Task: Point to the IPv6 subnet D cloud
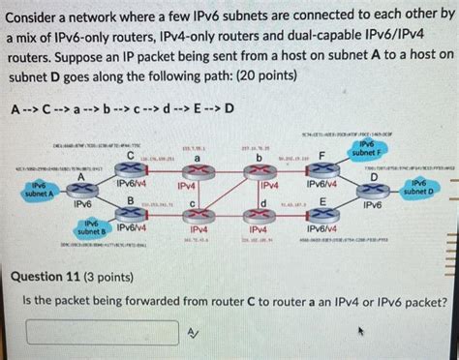click(417, 188)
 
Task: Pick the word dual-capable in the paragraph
click(350, 36)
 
